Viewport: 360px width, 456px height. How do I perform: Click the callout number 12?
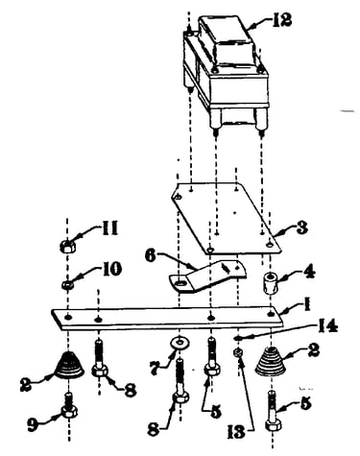click(282, 20)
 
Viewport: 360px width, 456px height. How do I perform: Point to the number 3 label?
click(301, 228)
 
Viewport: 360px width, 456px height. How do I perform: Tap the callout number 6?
click(151, 256)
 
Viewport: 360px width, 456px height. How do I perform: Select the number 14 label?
click(328, 326)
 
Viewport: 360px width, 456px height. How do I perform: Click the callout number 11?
click(109, 228)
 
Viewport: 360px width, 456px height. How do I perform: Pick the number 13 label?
click(236, 432)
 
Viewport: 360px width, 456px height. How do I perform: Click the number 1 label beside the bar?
click(307, 305)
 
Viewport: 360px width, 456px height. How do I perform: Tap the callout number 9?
click(33, 424)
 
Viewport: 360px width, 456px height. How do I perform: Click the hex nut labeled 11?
click(67, 247)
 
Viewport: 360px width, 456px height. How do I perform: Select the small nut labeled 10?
click(67, 284)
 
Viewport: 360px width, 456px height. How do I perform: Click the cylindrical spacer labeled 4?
click(271, 282)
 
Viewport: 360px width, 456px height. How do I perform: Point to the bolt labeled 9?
click(68, 405)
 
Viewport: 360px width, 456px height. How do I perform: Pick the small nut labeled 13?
click(238, 353)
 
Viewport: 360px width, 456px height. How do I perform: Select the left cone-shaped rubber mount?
click(68, 365)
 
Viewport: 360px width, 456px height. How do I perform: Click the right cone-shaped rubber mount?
click(271, 361)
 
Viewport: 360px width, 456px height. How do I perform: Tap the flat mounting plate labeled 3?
click(226, 218)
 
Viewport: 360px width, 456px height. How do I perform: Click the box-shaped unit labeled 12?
click(226, 72)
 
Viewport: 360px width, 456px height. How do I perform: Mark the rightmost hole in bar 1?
click(271, 314)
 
